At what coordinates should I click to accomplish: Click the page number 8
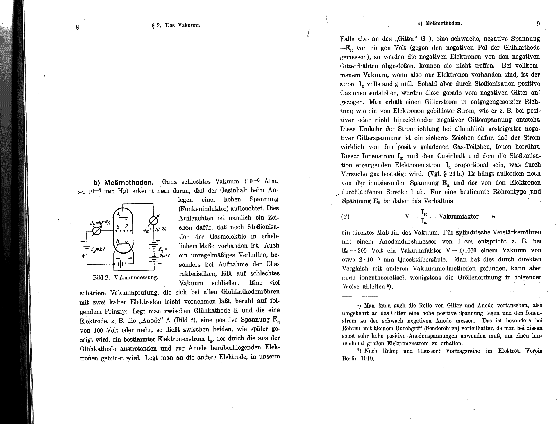coord(77,27)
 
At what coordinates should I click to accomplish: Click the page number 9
coord(538,24)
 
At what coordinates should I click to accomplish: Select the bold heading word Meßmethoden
coord(128,183)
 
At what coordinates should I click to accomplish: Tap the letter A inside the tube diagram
coord(119,214)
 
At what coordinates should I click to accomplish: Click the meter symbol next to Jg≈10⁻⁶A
coord(96,231)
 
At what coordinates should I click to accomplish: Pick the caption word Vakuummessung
coord(136,277)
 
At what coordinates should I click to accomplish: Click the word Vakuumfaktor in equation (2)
coord(459,216)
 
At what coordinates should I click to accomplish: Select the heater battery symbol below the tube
coord(124,264)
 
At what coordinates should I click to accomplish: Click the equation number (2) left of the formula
coord(345,217)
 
